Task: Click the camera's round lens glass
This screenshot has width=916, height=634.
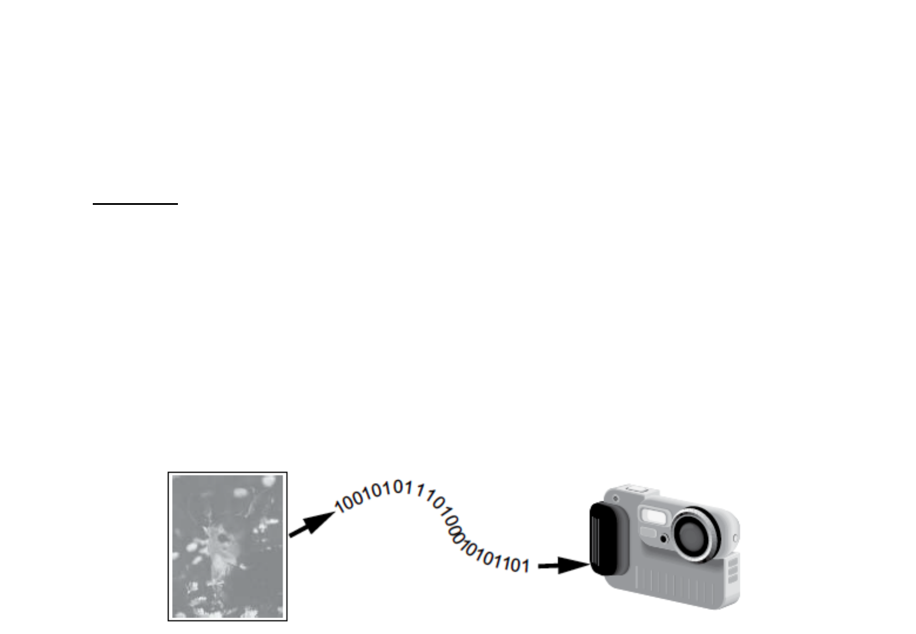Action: point(691,535)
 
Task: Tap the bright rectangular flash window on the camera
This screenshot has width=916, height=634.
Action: point(654,515)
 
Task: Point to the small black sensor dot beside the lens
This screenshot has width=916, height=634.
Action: point(664,539)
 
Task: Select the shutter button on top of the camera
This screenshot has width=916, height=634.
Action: point(633,488)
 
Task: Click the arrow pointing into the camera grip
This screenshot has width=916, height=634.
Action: point(564,565)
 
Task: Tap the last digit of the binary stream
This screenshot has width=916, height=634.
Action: point(526,566)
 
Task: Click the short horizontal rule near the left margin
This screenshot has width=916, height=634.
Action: point(136,203)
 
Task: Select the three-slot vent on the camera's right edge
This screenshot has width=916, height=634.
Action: point(733,570)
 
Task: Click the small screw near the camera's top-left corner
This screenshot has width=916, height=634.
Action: point(616,499)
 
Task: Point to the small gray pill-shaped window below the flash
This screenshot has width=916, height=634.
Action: point(648,532)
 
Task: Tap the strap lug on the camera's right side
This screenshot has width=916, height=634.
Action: point(736,538)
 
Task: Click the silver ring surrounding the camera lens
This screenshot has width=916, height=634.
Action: point(695,535)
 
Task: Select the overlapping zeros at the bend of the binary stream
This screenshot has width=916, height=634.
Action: point(454,531)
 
